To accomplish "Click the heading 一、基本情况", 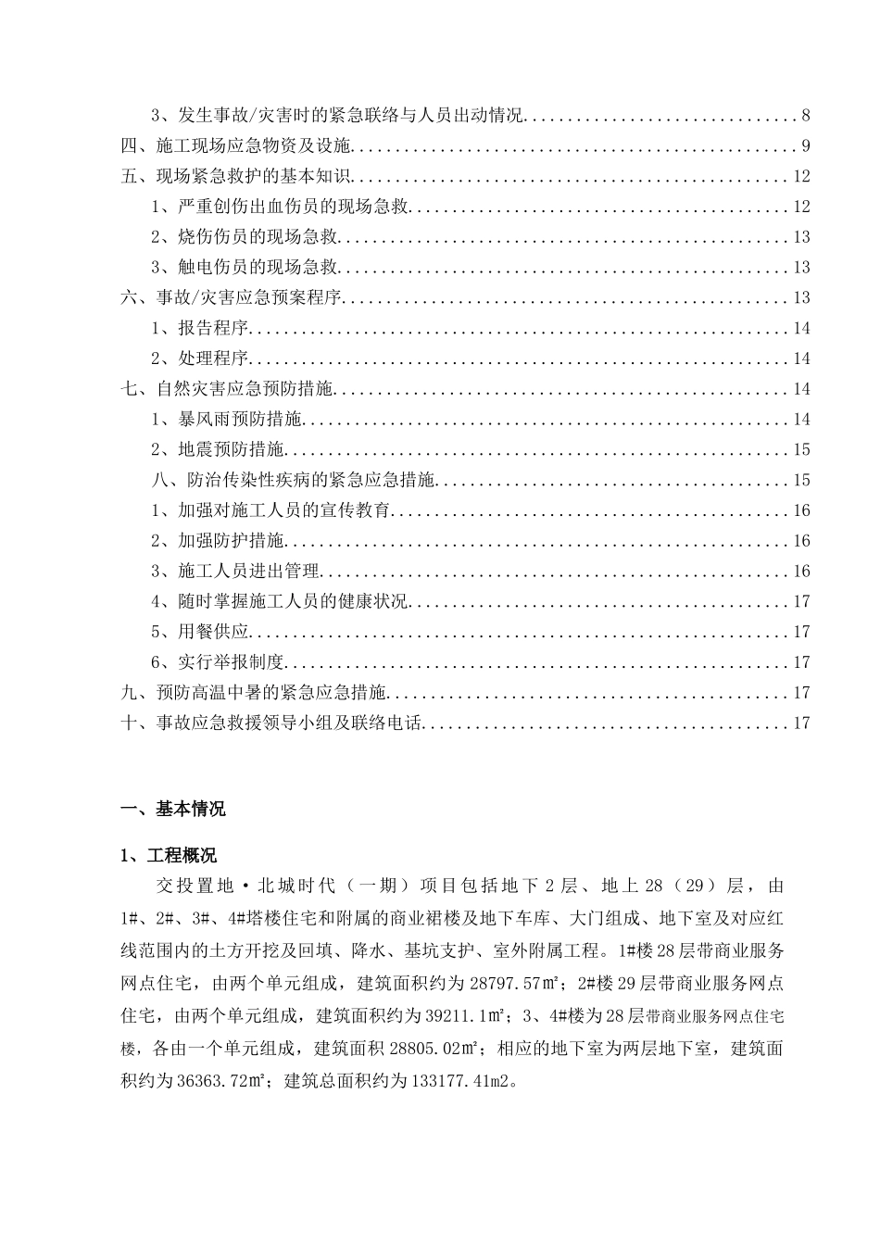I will click(x=173, y=809).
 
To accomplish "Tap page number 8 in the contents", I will click(x=806, y=116).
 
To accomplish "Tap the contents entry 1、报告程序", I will click(x=201, y=329).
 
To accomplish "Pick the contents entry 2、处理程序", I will click(x=201, y=359).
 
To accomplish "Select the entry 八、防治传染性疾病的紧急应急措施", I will click(x=294, y=481).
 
